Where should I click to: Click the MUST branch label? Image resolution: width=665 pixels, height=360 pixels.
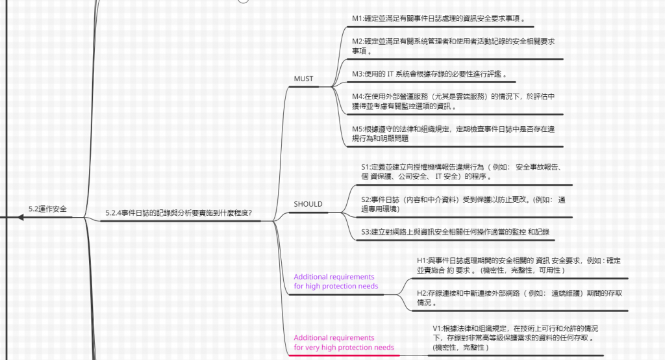click(303, 79)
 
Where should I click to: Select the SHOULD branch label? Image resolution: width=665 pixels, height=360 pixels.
click(308, 204)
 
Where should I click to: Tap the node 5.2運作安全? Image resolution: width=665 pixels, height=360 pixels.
click(47, 209)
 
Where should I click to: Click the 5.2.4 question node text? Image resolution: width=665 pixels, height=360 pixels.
click(179, 212)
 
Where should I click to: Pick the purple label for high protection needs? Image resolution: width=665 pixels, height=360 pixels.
click(335, 281)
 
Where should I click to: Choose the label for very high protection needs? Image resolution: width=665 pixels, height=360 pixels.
click(344, 342)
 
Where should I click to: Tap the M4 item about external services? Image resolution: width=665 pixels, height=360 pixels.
click(453, 101)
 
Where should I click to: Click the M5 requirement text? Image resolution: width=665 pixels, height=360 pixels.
click(453, 134)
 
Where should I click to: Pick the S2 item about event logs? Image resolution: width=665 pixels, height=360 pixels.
click(462, 204)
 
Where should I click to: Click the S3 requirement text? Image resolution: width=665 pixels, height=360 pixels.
click(455, 231)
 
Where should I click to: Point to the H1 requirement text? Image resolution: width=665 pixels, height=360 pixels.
click(518, 264)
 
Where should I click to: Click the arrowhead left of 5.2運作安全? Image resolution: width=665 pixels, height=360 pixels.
click(21, 217)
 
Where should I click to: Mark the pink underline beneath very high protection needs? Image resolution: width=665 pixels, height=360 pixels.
click(344, 356)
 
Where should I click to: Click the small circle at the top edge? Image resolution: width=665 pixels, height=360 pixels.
click(244, 1)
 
